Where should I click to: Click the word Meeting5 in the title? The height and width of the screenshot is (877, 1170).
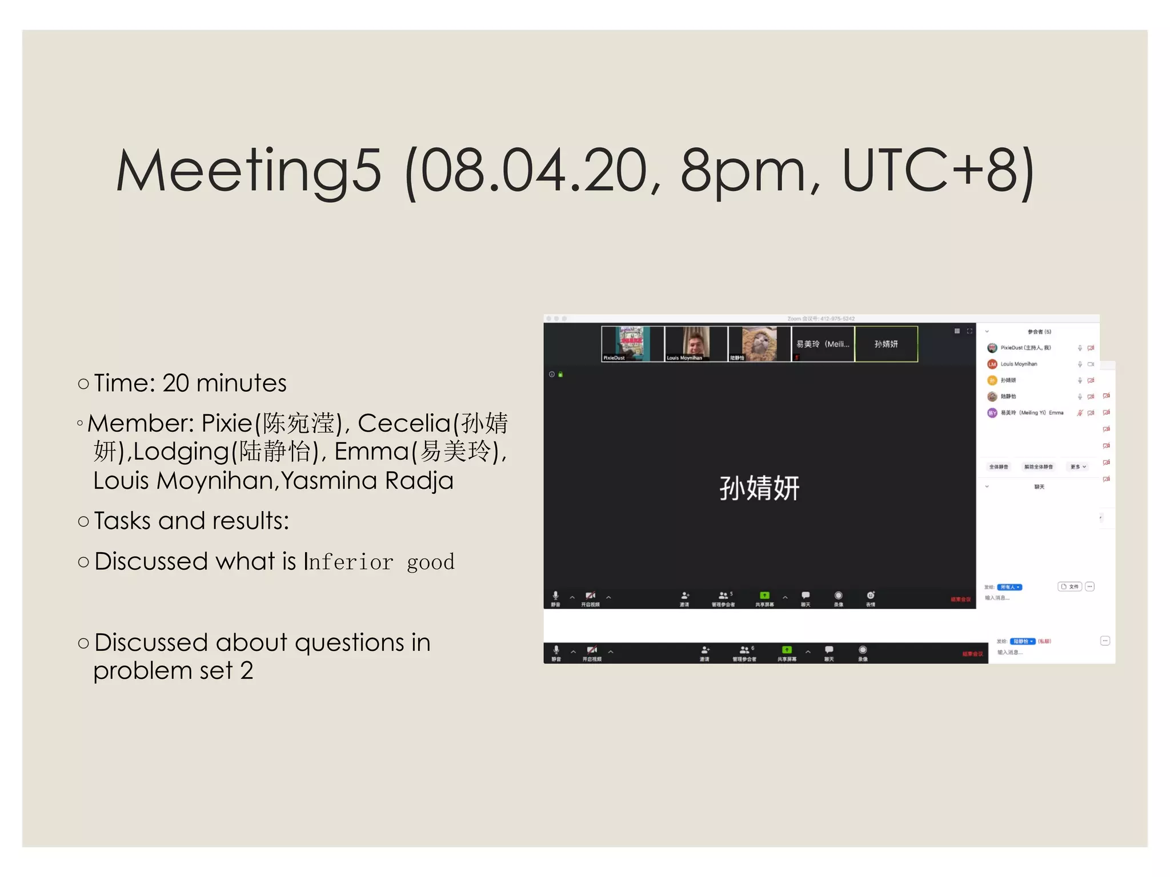pos(249,170)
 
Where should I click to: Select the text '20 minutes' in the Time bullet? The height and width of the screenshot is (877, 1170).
pos(224,383)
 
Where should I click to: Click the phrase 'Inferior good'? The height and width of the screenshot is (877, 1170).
pos(379,562)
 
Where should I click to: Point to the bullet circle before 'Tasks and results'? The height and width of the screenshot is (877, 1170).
pos(83,521)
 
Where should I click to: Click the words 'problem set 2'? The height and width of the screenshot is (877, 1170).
pos(173,671)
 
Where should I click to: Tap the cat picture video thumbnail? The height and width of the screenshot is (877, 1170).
pos(759,344)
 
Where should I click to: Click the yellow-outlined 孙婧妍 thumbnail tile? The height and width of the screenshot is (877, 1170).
pos(885,344)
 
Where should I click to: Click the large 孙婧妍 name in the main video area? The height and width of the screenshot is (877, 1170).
pos(759,489)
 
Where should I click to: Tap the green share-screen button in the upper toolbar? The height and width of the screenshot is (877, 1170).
pos(764,596)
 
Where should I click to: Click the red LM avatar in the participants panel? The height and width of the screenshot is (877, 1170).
pos(992,364)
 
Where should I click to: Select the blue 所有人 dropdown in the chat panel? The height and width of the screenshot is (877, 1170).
pos(1009,587)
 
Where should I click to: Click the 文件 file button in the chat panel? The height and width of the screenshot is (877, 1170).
pos(1069,586)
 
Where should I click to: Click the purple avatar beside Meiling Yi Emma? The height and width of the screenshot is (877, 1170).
pos(992,413)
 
